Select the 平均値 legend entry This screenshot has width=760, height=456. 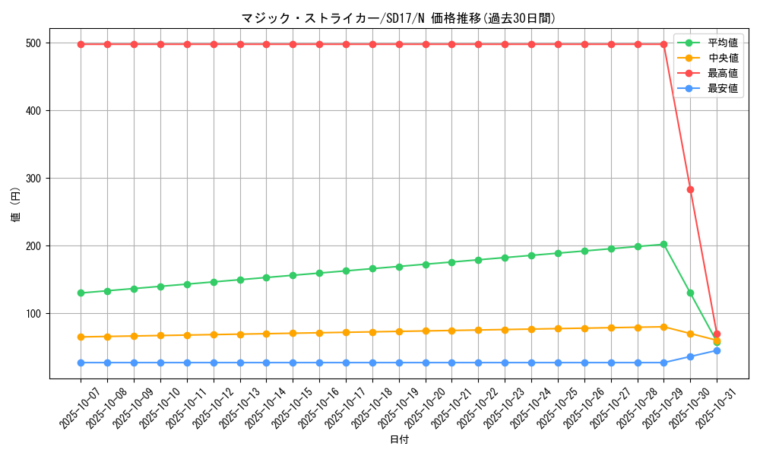(x=722, y=43)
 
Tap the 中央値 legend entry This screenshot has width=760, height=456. (x=722, y=58)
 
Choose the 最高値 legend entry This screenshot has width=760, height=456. (x=722, y=73)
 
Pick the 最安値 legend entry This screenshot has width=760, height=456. (x=722, y=88)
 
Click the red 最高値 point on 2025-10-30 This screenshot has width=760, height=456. (x=690, y=189)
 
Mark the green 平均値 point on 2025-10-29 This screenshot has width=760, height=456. (x=663, y=245)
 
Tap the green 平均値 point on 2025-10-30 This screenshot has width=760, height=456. (x=690, y=293)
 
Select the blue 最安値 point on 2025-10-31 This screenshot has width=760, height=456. (x=717, y=350)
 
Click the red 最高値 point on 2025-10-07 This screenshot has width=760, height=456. (x=81, y=44)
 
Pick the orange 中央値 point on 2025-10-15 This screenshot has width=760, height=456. (x=293, y=333)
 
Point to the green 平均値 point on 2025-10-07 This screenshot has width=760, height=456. (x=81, y=293)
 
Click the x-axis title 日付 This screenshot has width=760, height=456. (x=399, y=440)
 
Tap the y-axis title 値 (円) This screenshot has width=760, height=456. (x=16, y=205)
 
